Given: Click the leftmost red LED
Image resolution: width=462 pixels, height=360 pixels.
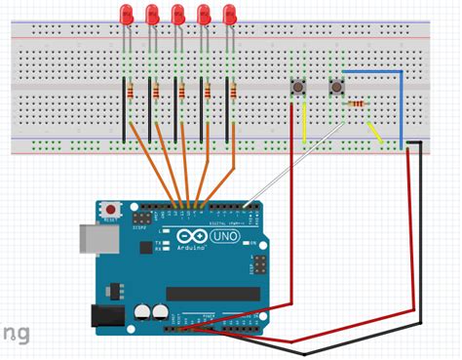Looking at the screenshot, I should click(126, 15).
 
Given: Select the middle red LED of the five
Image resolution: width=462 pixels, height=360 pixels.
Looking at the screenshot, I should click(177, 15).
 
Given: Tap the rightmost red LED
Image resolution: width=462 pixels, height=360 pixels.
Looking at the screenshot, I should click(230, 15).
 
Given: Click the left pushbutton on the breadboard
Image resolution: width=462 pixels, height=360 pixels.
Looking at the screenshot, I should click(297, 90).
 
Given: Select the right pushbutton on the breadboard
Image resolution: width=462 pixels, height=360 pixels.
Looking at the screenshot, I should click(337, 89).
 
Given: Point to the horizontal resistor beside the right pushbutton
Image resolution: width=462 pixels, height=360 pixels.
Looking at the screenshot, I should click(359, 103).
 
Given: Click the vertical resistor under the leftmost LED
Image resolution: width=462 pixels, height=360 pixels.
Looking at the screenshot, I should click(132, 93).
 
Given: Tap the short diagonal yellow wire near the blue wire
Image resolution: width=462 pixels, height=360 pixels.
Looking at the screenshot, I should click(373, 131).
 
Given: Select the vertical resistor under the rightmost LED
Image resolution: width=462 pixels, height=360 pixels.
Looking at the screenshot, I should click(235, 93).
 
